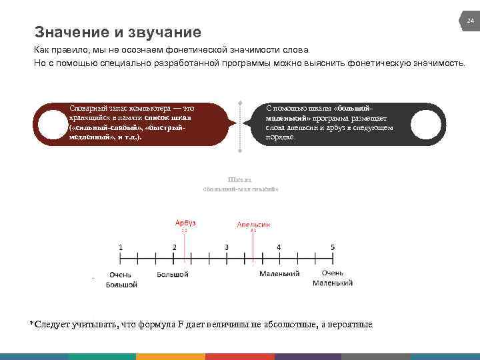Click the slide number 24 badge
click(469, 22)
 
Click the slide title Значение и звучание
click(117, 32)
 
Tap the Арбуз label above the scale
click(185, 223)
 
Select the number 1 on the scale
click(121, 247)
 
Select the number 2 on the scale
click(174, 247)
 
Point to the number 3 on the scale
click(227, 247)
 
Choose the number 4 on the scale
click(279, 247)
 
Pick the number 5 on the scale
click(333, 247)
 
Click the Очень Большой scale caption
click(121, 279)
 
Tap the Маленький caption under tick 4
click(279, 274)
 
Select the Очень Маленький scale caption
click(333, 279)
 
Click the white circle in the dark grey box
click(428, 124)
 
